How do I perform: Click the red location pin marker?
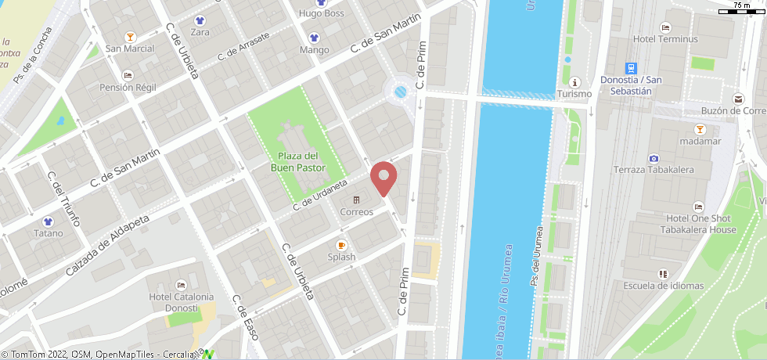click(x=383, y=177)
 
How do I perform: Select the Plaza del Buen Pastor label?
click(x=297, y=161)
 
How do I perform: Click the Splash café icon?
click(x=341, y=245)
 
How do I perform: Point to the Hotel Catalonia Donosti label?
click(x=181, y=302)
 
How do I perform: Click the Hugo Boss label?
click(x=322, y=13)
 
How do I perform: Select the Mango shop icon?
click(x=314, y=38)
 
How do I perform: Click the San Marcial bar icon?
click(x=130, y=36)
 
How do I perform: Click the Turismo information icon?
click(x=575, y=82)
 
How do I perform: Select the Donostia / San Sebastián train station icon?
click(x=631, y=68)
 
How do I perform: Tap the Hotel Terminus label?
click(x=665, y=39)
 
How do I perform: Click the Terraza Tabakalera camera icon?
click(x=654, y=159)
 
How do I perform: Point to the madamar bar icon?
click(x=699, y=128)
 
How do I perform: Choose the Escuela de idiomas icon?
click(x=663, y=274)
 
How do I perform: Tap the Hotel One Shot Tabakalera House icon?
click(x=697, y=207)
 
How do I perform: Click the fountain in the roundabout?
click(x=401, y=92)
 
